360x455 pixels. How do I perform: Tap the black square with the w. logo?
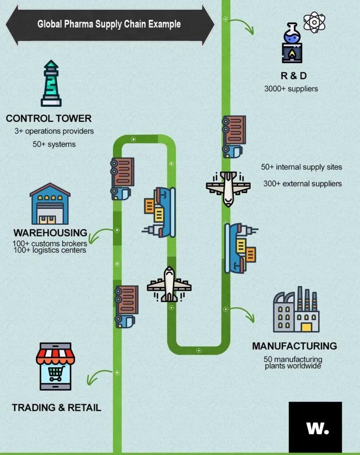pos(315,427)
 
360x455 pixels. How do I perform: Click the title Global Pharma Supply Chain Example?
pos(109,24)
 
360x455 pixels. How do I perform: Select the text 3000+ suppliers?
pos(291,88)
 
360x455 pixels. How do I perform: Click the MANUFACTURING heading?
pos(294,346)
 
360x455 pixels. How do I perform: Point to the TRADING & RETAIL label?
pos(56,407)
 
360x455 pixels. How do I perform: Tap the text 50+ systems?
pos(54,144)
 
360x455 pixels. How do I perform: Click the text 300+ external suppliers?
pos(302,183)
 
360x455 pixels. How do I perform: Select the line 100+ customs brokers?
pos(50,243)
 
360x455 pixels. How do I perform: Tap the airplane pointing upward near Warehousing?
pos(169,284)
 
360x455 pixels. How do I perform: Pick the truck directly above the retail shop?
pos(126,306)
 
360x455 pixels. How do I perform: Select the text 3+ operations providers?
pos(54,131)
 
